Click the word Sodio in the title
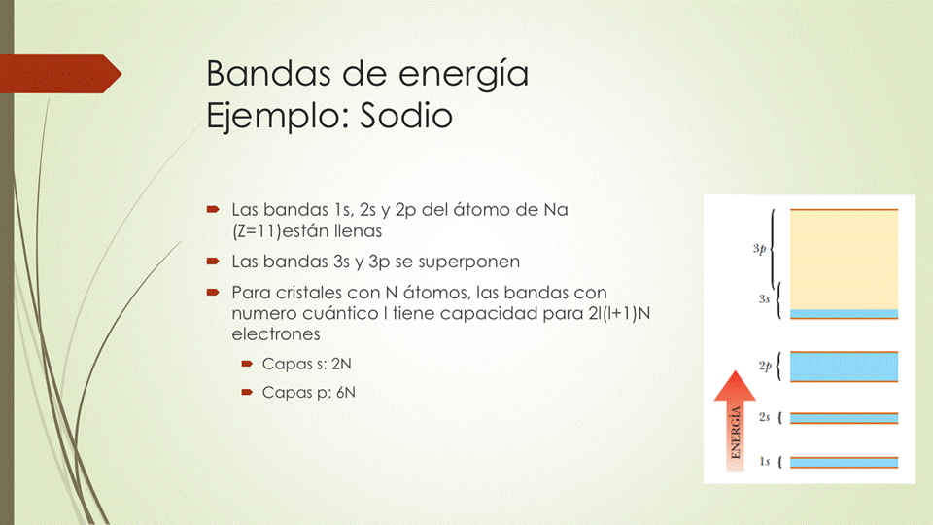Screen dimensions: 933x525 (x=406, y=116)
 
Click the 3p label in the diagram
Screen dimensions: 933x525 (x=759, y=249)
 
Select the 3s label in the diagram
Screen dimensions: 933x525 (x=764, y=298)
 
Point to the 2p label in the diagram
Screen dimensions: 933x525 (x=765, y=366)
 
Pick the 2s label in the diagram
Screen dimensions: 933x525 (x=764, y=417)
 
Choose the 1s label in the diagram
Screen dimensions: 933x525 (x=764, y=461)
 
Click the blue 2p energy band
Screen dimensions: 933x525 (x=844, y=367)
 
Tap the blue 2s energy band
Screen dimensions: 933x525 (x=844, y=418)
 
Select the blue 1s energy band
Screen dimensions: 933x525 (x=844, y=463)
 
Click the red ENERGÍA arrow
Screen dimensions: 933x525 (x=735, y=421)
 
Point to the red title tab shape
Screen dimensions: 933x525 (x=60, y=74)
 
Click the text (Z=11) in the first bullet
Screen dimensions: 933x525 (x=257, y=231)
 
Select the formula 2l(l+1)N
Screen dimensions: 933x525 (x=619, y=313)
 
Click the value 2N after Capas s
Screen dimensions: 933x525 (x=341, y=364)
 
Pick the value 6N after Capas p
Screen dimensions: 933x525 (x=345, y=392)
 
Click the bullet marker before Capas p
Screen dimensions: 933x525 (x=247, y=392)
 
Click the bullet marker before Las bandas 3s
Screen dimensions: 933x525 (x=213, y=262)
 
